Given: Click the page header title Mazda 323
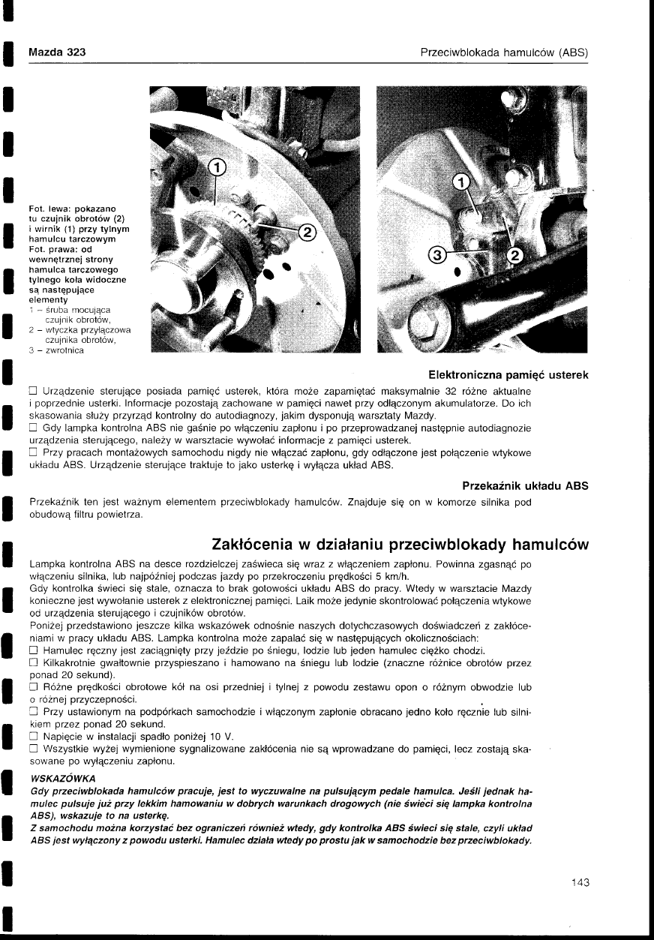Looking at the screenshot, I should coord(56,52).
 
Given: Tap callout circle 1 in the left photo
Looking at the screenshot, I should coord(216,167).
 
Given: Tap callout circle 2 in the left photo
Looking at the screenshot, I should coord(306,232).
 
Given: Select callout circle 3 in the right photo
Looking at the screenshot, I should coord(436,256).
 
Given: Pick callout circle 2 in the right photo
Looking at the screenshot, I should coord(514,256).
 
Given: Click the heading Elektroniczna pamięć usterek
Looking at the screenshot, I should coord(507,375).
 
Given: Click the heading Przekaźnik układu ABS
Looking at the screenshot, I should coord(525,485).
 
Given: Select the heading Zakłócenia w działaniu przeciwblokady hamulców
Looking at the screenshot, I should coord(400,543).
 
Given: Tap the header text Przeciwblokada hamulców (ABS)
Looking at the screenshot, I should coord(504,52).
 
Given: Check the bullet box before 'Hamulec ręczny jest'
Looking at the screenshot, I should coord(33,650).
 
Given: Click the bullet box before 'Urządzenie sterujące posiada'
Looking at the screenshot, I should coord(33,392).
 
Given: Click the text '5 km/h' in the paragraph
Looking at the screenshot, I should coord(390,576).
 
